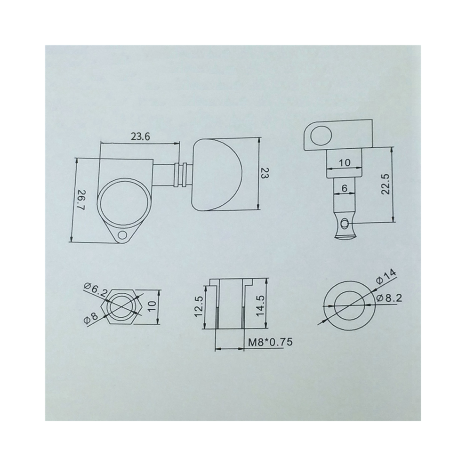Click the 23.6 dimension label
click(x=141, y=137)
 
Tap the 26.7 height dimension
click(x=80, y=200)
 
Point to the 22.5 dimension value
click(x=385, y=184)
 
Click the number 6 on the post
click(x=345, y=188)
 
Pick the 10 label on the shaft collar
click(x=345, y=162)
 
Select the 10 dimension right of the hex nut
click(x=152, y=306)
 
